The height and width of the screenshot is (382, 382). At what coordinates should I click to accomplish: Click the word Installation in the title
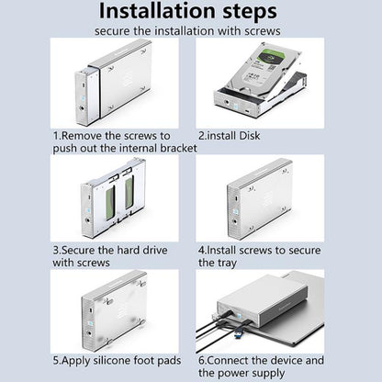pyautogui.click(x=158, y=10)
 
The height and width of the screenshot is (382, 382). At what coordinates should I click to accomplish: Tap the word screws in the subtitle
pyautogui.click(x=263, y=31)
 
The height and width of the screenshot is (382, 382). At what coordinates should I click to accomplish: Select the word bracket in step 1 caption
pyautogui.click(x=178, y=148)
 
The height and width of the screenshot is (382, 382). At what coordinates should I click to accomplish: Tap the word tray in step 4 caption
pyautogui.click(x=226, y=263)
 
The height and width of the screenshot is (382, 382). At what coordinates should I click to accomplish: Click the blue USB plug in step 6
pyautogui.click(x=239, y=333)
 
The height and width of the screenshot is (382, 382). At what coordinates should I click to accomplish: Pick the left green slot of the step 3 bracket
pyautogui.click(x=110, y=202)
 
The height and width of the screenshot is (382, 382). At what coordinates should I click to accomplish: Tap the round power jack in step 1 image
pyautogui.click(x=83, y=108)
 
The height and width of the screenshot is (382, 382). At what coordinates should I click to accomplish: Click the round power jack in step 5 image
pyautogui.click(x=90, y=333)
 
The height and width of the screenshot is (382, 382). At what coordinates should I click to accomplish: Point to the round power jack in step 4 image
pyautogui.click(x=235, y=222)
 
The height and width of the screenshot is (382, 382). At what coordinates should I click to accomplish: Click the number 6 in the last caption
pyautogui.click(x=201, y=361)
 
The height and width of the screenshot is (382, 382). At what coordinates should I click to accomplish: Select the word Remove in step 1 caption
pyautogui.click(x=82, y=136)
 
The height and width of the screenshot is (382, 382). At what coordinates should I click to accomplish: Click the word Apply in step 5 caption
pyautogui.click(x=76, y=361)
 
